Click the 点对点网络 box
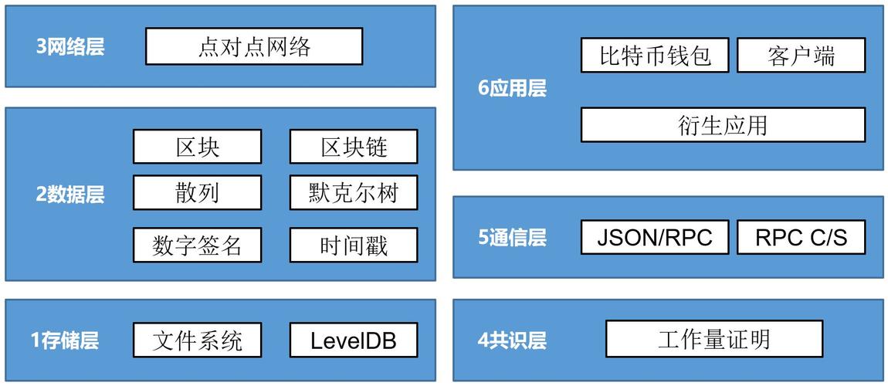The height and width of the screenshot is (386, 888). point(254,46)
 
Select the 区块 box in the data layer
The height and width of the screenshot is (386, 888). point(197,147)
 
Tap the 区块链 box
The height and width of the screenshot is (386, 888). point(354,147)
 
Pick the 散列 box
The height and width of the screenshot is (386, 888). point(197,192)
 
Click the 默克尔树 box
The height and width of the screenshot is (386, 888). point(354,192)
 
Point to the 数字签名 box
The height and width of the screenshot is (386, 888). point(197,245)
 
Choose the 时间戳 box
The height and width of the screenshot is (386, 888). point(354,245)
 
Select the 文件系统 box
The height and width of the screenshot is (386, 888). point(197,340)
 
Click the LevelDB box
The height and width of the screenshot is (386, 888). point(354,340)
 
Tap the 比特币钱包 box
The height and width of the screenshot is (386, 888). point(655,56)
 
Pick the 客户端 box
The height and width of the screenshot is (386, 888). point(801,56)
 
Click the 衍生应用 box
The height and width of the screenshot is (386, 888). point(724,124)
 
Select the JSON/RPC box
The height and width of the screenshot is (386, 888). point(655,237)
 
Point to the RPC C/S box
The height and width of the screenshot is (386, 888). point(801,237)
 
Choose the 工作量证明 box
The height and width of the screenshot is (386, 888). point(714,338)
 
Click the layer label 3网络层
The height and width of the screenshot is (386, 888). point(70,47)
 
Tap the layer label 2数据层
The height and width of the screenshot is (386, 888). point(70,194)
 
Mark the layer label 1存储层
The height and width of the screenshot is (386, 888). point(65,340)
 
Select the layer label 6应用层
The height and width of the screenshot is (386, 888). point(513,89)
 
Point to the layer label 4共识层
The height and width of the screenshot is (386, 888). point(513,340)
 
